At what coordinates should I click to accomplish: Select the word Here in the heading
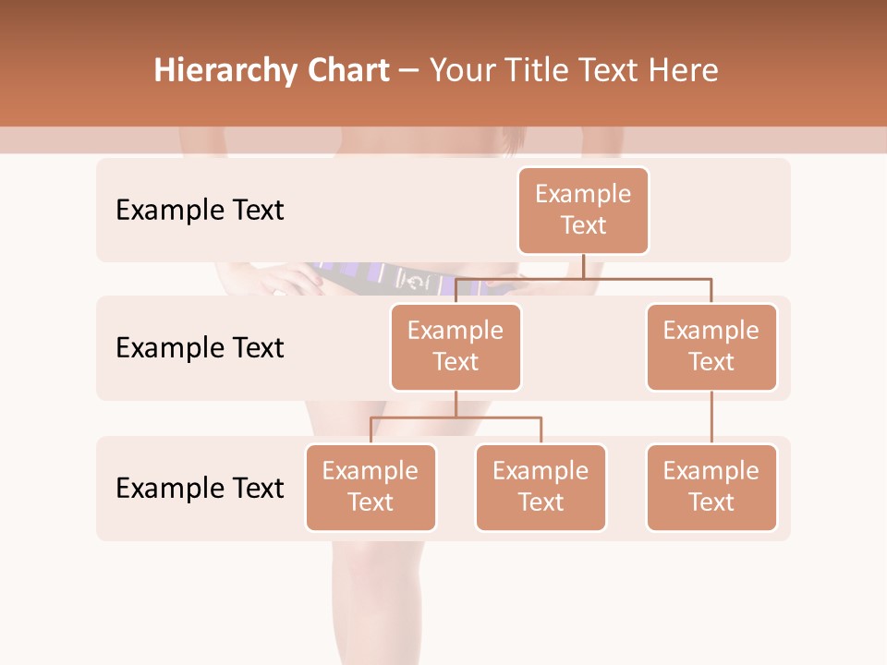[x=683, y=71]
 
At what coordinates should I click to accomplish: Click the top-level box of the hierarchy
[x=583, y=211]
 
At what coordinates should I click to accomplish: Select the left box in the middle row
[x=456, y=346]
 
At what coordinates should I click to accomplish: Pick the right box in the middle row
[x=711, y=346]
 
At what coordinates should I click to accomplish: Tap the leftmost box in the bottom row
[x=371, y=487]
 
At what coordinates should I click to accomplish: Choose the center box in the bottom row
[x=541, y=487]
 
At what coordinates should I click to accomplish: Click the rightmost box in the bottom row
[x=711, y=487]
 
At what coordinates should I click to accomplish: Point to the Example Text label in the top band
[x=200, y=211]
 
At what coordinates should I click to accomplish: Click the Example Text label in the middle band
[x=200, y=348]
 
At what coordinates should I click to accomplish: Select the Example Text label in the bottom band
[x=200, y=488]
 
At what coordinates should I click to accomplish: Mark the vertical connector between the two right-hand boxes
[x=711, y=417]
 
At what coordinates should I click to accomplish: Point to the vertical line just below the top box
[x=583, y=266]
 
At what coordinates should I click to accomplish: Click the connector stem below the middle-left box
[x=456, y=404]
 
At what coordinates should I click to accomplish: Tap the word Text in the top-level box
[x=583, y=225]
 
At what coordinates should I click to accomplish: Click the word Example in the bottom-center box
[x=541, y=471]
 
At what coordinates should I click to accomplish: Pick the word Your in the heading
[x=463, y=71]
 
